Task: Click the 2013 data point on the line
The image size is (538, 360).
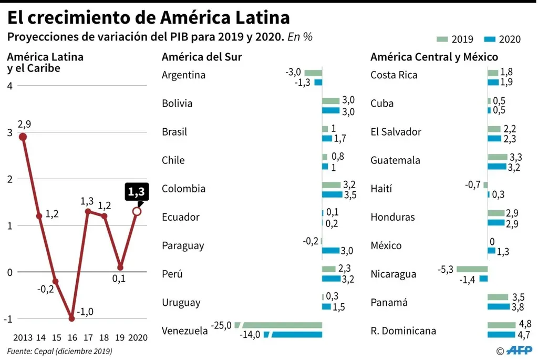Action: [x=23, y=137]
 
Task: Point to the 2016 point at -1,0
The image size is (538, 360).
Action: [x=71, y=318]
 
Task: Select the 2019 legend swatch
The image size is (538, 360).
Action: [x=442, y=39]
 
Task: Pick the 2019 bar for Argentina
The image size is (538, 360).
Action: [x=313, y=72]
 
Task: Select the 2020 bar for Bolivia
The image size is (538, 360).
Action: [x=330, y=111]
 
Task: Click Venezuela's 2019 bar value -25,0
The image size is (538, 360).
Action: [x=221, y=325]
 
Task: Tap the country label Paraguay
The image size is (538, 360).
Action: [x=183, y=245]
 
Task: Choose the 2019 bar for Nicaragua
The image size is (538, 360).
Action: [x=472, y=269]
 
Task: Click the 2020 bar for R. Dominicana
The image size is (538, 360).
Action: [x=501, y=334]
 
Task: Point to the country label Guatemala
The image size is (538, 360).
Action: [x=395, y=160]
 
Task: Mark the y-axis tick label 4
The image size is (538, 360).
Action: [x=9, y=86]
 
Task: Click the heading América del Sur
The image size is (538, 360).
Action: [x=202, y=57]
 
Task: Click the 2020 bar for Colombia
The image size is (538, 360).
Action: [x=332, y=194]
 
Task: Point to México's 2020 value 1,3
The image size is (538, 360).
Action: [x=503, y=251]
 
